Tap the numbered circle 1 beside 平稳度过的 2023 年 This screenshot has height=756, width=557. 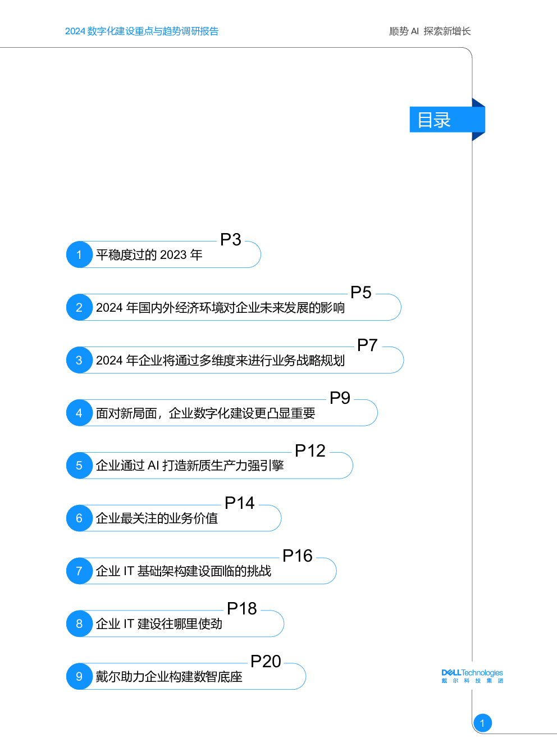(79, 254)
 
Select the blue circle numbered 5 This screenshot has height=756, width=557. (79, 466)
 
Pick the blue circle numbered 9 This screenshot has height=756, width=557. (79, 676)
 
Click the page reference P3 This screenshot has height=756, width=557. (231, 240)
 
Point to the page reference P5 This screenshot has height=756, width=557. (361, 292)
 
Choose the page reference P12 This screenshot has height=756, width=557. (310, 450)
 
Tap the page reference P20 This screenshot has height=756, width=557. (266, 661)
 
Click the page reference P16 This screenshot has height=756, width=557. (298, 555)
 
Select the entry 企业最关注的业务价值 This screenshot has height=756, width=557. (157, 518)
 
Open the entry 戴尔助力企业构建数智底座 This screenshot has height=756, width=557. (169, 677)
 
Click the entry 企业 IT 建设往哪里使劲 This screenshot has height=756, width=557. (159, 623)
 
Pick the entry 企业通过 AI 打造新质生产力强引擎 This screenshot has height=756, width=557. (190, 466)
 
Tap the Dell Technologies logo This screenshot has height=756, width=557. (472, 676)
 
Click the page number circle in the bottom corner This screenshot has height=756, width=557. (482, 723)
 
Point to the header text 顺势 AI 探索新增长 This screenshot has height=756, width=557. (430, 31)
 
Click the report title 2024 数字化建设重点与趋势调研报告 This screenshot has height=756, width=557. (141, 31)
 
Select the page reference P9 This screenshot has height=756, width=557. (340, 398)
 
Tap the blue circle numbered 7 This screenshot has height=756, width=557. (79, 571)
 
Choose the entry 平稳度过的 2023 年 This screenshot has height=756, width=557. (149, 255)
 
